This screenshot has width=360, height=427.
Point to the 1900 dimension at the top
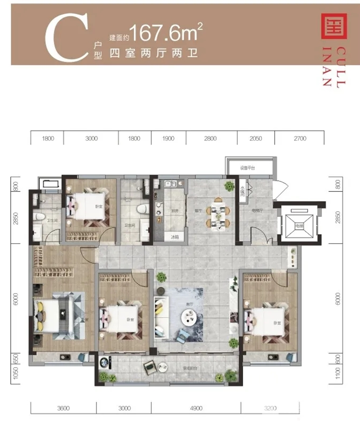coord(168,139)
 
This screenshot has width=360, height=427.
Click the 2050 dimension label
coord(255,139)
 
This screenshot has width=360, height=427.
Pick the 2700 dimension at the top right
coord(300,139)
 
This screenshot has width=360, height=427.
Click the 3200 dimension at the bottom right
coord(270,408)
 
